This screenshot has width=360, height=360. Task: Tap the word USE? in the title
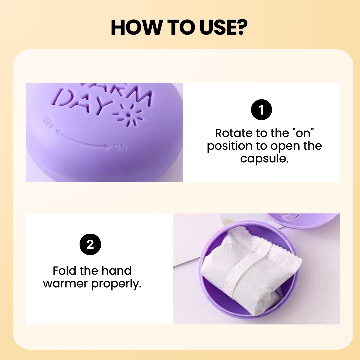(x=224, y=28)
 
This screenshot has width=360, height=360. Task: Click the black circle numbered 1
(x=261, y=110)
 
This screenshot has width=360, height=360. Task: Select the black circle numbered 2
(x=90, y=244)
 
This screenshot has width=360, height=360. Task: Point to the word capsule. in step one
(x=264, y=159)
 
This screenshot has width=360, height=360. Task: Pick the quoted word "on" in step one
(x=303, y=133)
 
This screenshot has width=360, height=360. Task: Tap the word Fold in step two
(x=64, y=271)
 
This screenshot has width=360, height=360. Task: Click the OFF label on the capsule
(x=49, y=123)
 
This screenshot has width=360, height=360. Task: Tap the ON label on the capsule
(x=120, y=147)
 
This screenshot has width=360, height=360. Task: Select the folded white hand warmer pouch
(x=251, y=271)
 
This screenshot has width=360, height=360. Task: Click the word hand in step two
(x=116, y=271)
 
